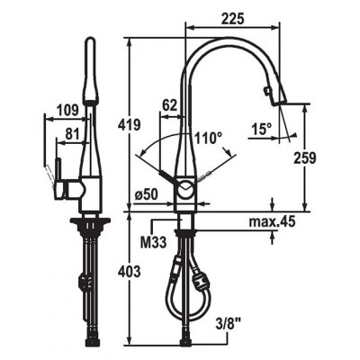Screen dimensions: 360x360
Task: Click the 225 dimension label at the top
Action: coord(233,19)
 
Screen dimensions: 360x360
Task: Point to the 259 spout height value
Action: coord(305,158)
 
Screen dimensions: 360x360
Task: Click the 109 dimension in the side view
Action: coord(67,111)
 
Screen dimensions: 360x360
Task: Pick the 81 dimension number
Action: coord(72,134)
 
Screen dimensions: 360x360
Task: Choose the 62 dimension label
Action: coord(170,106)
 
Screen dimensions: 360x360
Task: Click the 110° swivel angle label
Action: coord(209,139)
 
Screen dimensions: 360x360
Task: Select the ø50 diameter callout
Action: coord(147,195)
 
